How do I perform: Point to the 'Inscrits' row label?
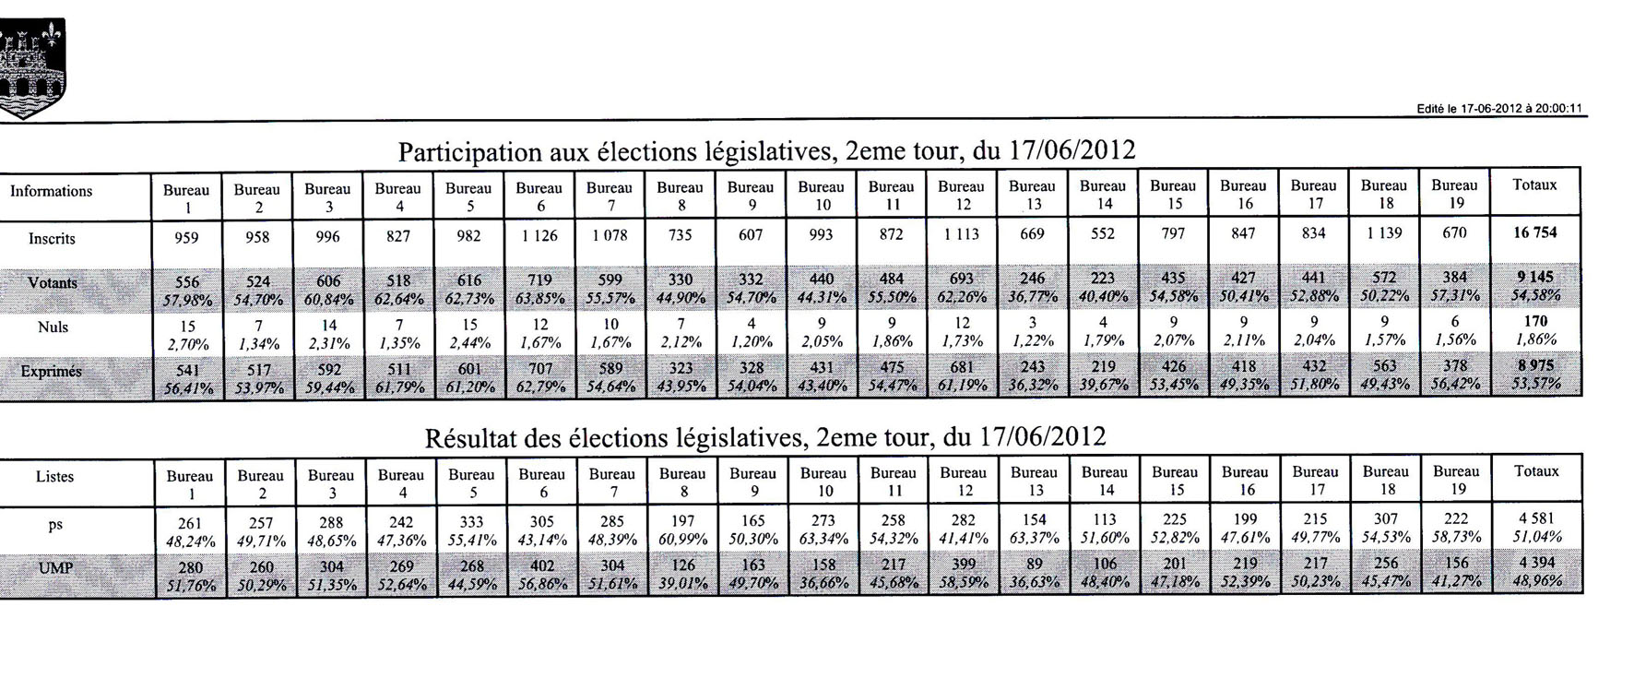tap(52, 239)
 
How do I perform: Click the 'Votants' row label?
tap(53, 283)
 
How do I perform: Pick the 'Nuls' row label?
tap(53, 327)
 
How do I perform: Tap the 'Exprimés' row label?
tap(52, 372)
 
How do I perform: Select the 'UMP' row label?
tap(55, 569)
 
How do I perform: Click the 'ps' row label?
tap(55, 525)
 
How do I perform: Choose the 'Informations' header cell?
tap(52, 191)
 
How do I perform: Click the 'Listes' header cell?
tap(55, 477)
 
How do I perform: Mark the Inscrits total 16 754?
tap(1534, 232)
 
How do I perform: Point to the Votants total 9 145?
tap(1535, 277)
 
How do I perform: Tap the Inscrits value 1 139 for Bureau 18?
tap(1384, 233)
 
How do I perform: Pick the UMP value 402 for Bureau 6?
tap(542, 566)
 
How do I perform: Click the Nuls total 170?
tap(1535, 322)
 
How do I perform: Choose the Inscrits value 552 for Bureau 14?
tap(1103, 234)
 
